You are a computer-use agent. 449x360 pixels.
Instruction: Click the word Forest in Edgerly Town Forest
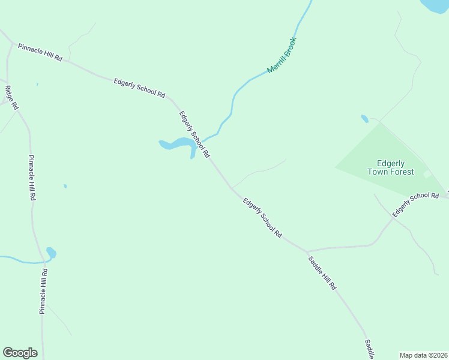click(400, 172)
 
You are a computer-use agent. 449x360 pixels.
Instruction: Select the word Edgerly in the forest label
click(391, 163)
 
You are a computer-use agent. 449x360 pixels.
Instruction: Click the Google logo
click(20, 353)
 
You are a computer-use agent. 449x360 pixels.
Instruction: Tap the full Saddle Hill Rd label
click(322, 274)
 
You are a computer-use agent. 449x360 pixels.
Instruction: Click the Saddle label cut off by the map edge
click(369, 350)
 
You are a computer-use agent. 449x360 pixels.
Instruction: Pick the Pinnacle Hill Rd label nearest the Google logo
click(43, 291)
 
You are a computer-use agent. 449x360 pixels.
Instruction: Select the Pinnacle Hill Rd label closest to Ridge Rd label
click(32, 178)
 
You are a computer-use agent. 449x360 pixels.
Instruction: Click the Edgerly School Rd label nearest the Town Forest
click(416, 204)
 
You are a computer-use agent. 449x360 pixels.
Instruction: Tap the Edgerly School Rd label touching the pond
click(194, 134)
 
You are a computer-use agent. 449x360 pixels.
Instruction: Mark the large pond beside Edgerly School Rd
click(178, 144)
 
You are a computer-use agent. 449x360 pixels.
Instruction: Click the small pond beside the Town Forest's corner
click(364, 119)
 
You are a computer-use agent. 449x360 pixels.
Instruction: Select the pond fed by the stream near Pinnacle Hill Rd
click(51, 253)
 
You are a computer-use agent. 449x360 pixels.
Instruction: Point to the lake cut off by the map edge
click(437, 6)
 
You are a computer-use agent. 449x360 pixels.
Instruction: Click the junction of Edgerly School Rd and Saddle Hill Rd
click(306, 251)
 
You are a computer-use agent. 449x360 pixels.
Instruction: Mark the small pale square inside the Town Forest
click(427, 174)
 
